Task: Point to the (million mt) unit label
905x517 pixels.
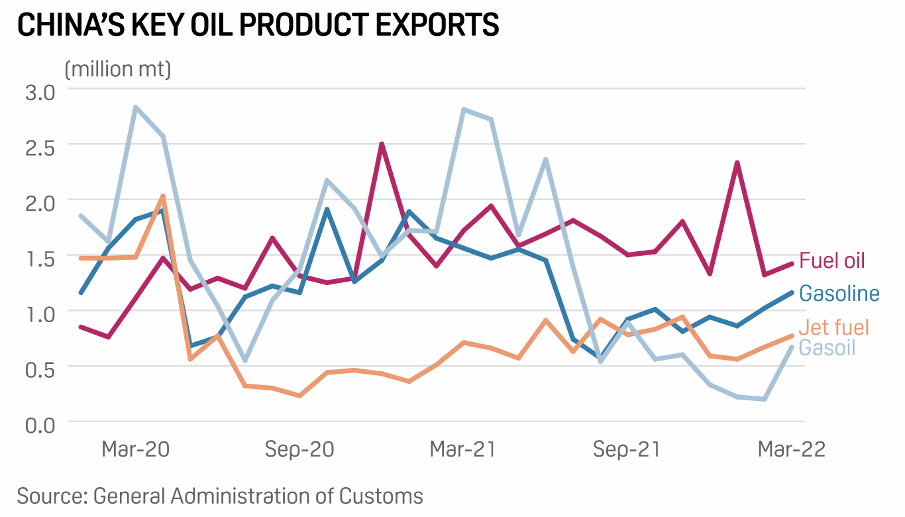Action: click(118, 68)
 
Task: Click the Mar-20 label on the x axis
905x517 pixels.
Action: click(135, 449)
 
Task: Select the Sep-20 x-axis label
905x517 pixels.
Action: click(299, 449)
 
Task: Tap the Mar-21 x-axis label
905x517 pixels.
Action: click(462, 449)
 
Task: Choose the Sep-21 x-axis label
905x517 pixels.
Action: click(627, 449)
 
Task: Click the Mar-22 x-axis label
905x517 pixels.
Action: click(791, 449)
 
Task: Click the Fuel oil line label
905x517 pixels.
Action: click(832, 260)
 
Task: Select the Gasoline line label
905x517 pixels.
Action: click(839, 293)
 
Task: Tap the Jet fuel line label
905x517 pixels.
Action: click(833, 327)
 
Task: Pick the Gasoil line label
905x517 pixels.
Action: click(827, 347)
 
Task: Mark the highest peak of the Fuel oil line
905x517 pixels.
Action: click(382, 144)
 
